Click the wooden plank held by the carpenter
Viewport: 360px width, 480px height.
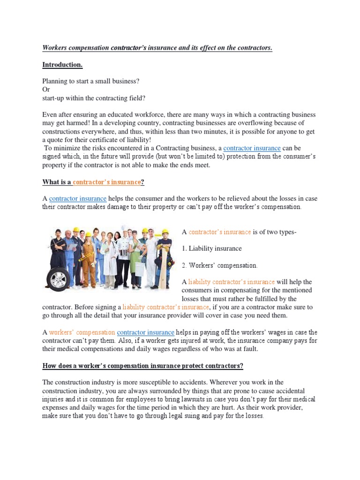[164, 267]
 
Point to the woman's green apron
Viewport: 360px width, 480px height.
[135, 261]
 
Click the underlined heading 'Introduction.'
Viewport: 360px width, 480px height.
[62, 64]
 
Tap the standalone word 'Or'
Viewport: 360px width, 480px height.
[46, 89]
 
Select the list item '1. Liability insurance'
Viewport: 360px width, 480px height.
[212, 248]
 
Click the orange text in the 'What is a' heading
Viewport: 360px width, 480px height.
[106, 182]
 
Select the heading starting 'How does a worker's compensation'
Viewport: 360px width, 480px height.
[142, 366]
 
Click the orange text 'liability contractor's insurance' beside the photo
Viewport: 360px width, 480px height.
[231, 282]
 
